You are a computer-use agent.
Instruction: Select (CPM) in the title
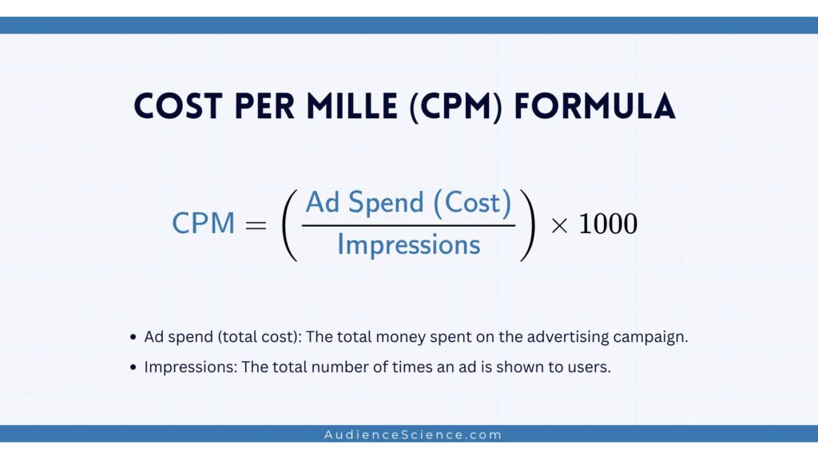coord(457,107)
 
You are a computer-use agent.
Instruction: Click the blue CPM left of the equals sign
coord(203,224)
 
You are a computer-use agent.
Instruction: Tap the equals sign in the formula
coord(256,224)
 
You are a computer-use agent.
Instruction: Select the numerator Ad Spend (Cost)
coord(408,203)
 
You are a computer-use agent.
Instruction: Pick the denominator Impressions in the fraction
coord(408,244)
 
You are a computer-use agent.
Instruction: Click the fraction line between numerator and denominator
coord(408,224)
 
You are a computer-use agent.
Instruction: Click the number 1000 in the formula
coord(608,224)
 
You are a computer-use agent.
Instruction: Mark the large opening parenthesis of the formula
coord(288,224)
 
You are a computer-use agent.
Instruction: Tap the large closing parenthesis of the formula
coord(526,224)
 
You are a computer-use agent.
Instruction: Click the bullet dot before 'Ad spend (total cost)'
coord(133,338)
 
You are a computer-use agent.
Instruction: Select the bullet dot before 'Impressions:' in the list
coord(133,368)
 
